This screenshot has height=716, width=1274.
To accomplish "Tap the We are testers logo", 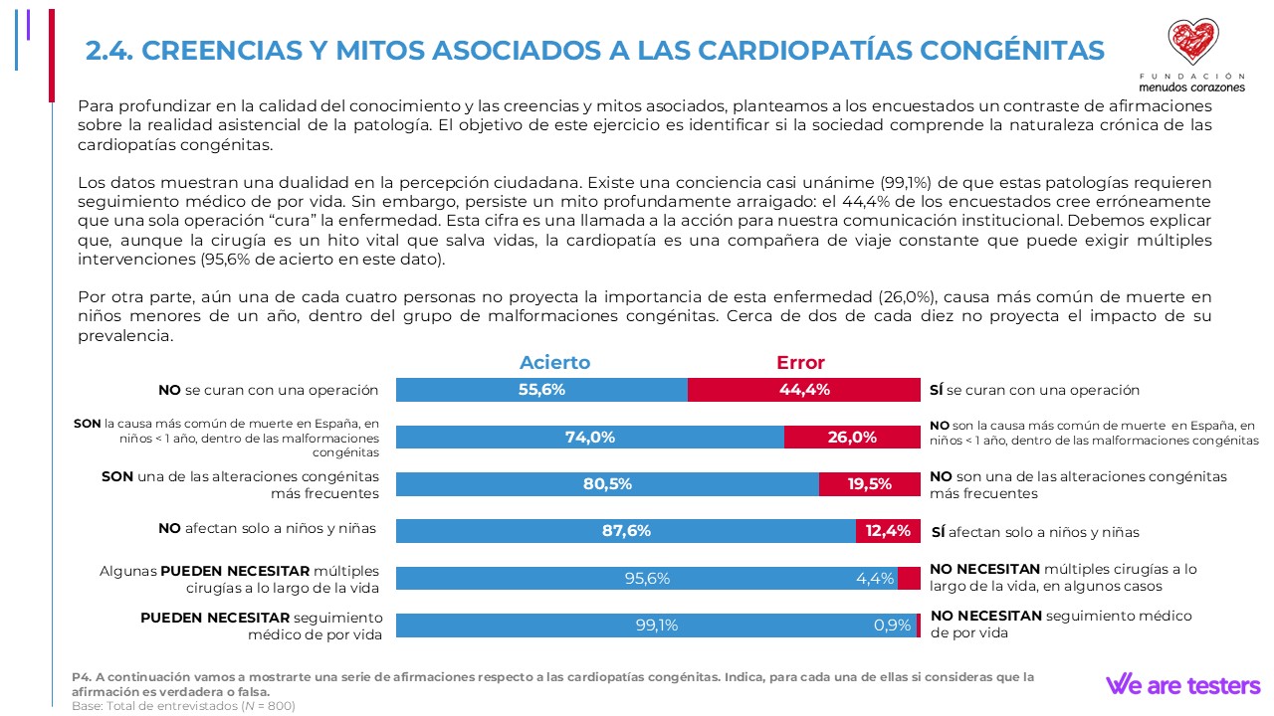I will click(x=1182, y=685).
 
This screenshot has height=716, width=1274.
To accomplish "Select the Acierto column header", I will click(x=554, y=363).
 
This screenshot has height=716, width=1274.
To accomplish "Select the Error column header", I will click(x=800, y=363).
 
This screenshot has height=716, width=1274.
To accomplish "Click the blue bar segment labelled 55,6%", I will click(x=541, y=390).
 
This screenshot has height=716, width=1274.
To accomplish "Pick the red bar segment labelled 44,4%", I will click(x=804, y=390).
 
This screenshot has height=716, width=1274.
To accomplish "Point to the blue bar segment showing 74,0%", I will click(x=589, y=437).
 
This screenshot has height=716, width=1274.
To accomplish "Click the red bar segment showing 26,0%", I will click(x=852, y=437).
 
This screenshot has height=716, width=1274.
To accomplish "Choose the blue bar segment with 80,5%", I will click(x=607, y=484).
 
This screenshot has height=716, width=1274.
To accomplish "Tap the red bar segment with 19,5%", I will click(x=869, y=484).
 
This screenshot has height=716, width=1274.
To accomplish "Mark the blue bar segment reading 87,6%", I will click(x=626, y=531).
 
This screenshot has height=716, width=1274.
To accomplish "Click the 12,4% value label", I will click(x=888, y=531).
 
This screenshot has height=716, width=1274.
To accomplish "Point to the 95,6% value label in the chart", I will click(x=646, y=579).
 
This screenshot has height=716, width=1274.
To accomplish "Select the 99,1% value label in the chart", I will click(x=656, y=626).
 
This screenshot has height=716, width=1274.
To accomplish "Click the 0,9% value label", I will click(x=892, y=626).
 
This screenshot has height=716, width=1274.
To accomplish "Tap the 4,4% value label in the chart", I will click(x=875, y=579).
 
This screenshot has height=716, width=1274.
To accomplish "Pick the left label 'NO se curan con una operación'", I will click(x=269, y=391).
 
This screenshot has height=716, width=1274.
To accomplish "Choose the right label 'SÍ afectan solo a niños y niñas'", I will click(x=1035, y=532).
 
